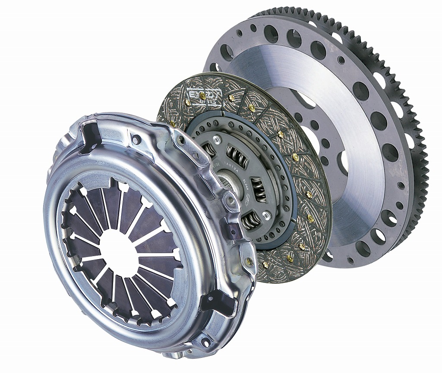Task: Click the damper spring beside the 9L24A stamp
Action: (x=261, y=192)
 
